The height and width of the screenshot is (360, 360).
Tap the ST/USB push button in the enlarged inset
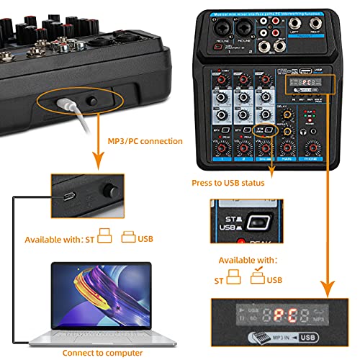(x=254, y=220)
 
